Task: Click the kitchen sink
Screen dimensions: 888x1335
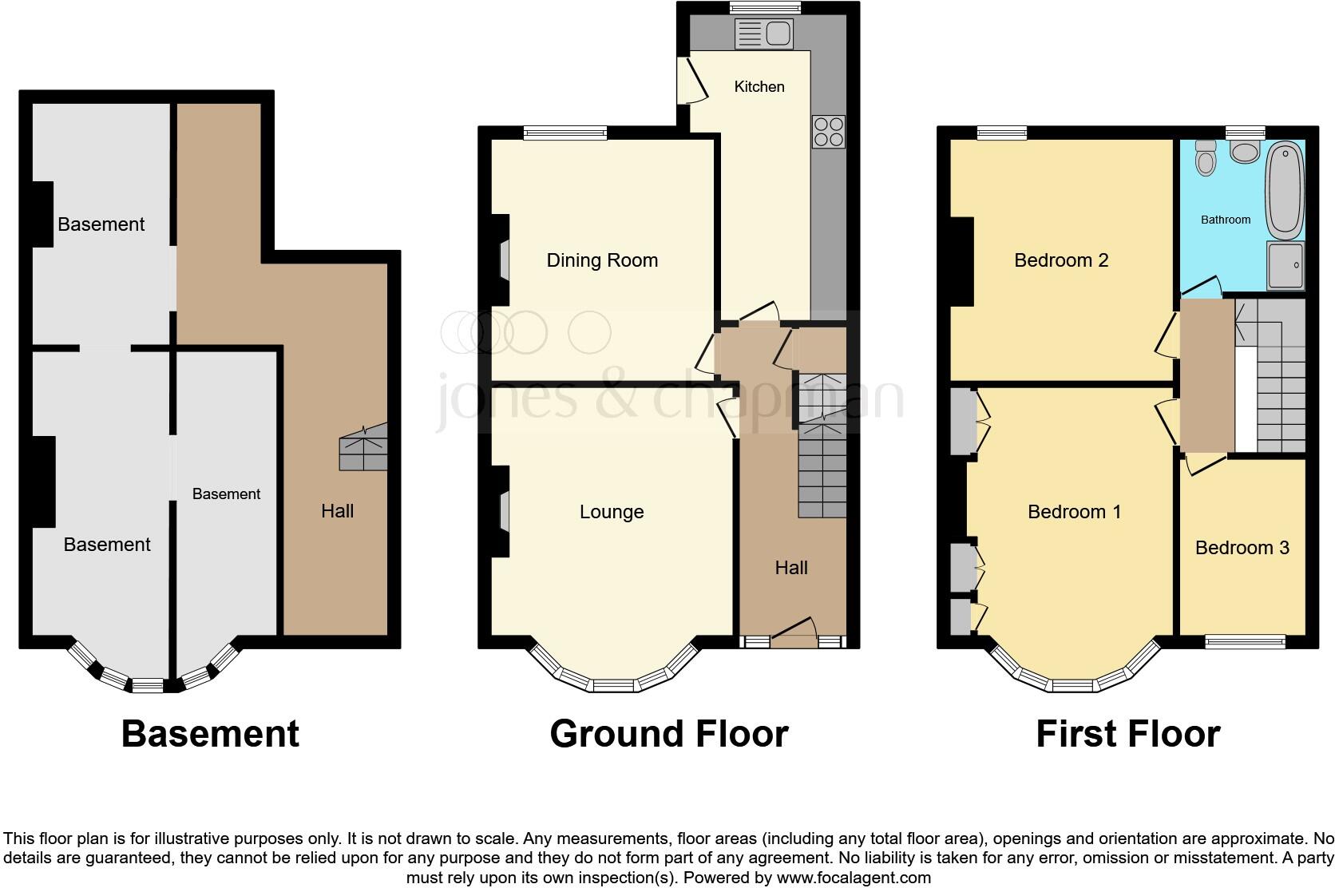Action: pyautogui.click(x=764, y=34)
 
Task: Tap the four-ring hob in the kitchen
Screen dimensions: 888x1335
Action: pyautogui.click(x=828, y=132)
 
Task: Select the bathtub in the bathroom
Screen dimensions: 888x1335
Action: pyautogui.click(x=1285, y=191)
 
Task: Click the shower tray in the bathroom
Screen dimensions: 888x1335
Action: pyautogui.click(x=1285, y=266)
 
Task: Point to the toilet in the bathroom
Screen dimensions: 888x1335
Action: pyautogui.click(x=1206, y=159)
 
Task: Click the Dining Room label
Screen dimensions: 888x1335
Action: pyautogui.click(x=602, y=260)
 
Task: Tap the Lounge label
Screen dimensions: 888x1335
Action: pyautogui.click(x=612, y=512)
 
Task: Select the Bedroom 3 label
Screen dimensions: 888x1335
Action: pyautogui.click(x=1242, y=548)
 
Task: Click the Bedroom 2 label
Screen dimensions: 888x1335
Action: pyautogui.click(x=1061, y=260)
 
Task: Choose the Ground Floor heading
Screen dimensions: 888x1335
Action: pyautogui.click(x=669, y=734)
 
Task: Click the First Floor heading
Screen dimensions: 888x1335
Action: pyautogui.click(x=1127, y=734)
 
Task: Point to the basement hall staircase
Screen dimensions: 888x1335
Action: pyautogui.click(x=363, y=448)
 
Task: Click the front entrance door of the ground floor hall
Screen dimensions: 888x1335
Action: pyautogui.click(x=793, y=635)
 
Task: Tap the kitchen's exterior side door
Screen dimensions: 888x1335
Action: pyautogui.click(x=693, y=80)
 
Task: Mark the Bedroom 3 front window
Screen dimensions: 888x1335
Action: pyautogui.click(x=1245, y=641)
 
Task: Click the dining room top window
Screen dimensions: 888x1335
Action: pyautogui.click(x=565, y=133)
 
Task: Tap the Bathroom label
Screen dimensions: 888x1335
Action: pyautogui.click(x=1226, y=220)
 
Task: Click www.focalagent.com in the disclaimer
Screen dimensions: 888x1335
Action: pyautogui.click(x=854, y=878)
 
